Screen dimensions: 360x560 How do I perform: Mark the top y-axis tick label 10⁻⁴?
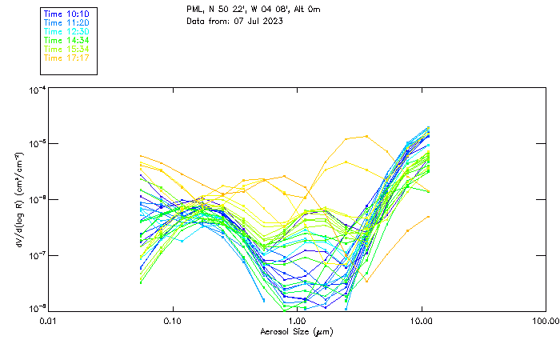[37, 90]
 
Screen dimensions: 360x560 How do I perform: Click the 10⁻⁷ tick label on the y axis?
[37, 255]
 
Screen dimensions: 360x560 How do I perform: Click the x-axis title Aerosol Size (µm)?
[297, 331]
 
